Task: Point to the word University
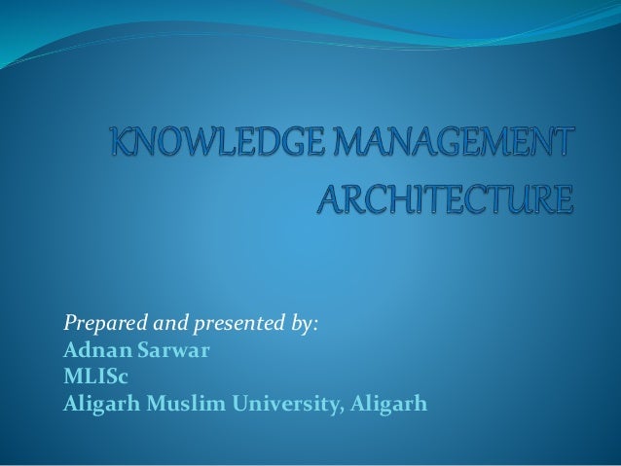(x=286, y=401)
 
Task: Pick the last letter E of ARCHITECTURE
(x=557, y=202)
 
